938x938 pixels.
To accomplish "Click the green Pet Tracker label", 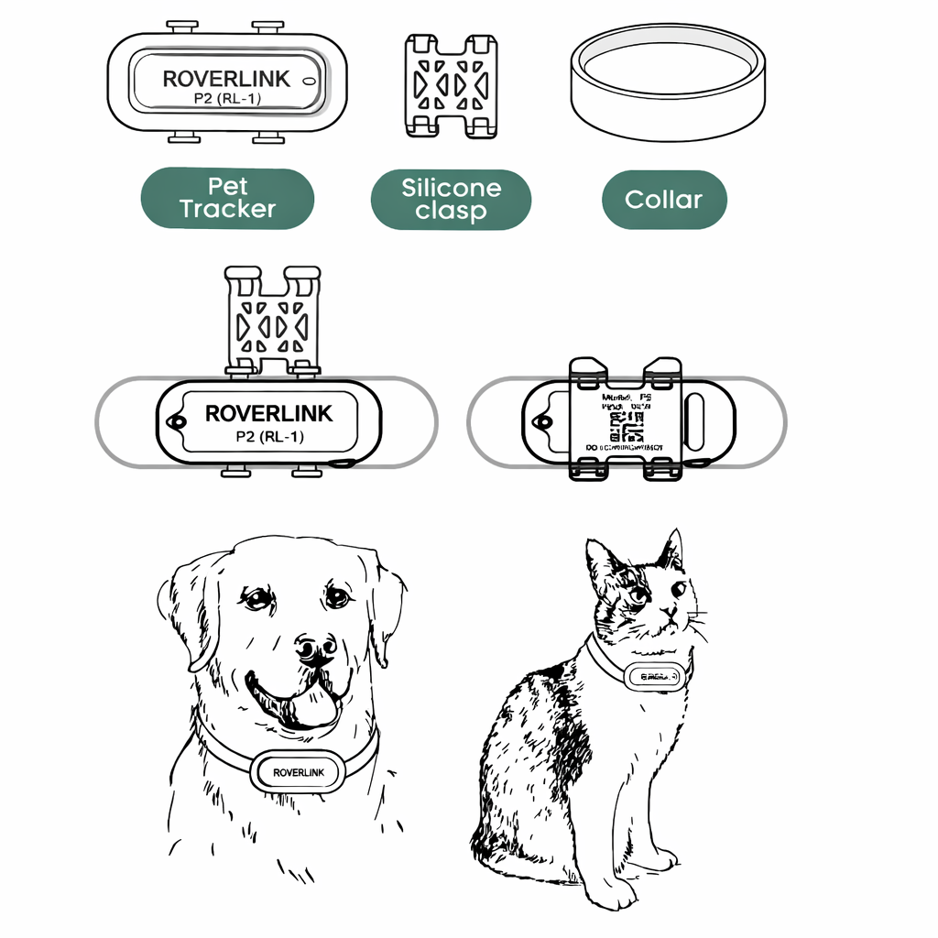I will coord(227,198).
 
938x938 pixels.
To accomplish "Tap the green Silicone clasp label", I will coord(451,200).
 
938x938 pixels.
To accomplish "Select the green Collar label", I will coord(664,200).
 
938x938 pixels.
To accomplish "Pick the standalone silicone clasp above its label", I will coord(452,86).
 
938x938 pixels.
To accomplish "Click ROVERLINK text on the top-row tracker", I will coord(225,79).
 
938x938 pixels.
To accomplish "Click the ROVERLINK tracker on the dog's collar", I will coord(297,772).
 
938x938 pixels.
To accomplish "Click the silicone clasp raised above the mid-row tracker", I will coord(272,321).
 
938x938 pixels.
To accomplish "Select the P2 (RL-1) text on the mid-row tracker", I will coord(268,437).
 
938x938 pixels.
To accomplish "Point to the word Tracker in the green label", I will coord(227,210).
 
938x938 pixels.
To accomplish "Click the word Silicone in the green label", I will coord(451,188).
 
